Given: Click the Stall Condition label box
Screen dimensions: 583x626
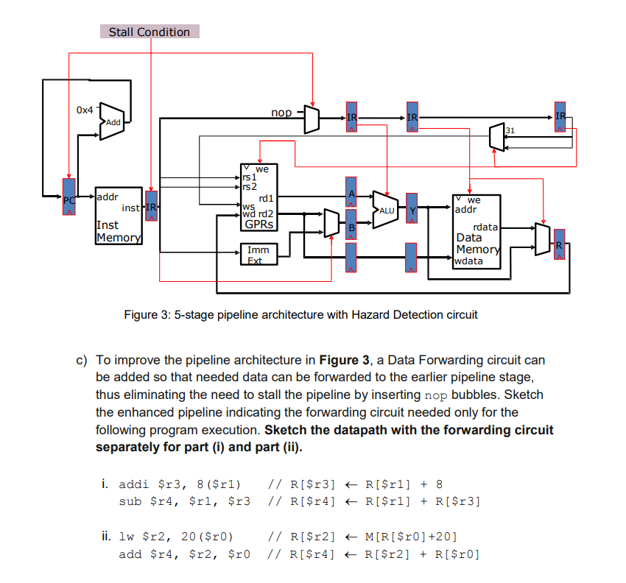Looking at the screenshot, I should click(x=150, y=32).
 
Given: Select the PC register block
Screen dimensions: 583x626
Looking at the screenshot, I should click(x=68, y=198).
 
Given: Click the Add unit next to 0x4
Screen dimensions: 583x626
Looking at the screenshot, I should click(x=111, y=119).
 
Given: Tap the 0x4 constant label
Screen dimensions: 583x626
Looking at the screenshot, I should click(x=85, y=110).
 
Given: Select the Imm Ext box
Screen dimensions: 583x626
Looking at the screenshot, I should click(x=259, y=255).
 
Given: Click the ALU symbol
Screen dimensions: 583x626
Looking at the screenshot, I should click(x=386, y=210).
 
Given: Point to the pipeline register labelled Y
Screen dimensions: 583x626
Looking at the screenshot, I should click(x=412, y=211).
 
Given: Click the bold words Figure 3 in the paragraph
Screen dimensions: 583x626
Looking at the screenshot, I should click(x=344, y=360).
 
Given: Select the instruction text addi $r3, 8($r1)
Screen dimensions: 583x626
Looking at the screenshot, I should click(x=180, y=484).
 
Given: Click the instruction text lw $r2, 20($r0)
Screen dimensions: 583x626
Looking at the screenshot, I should click(x=180, y=537).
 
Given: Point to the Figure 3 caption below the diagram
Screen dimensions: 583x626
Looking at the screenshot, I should click(x=300, y=314).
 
